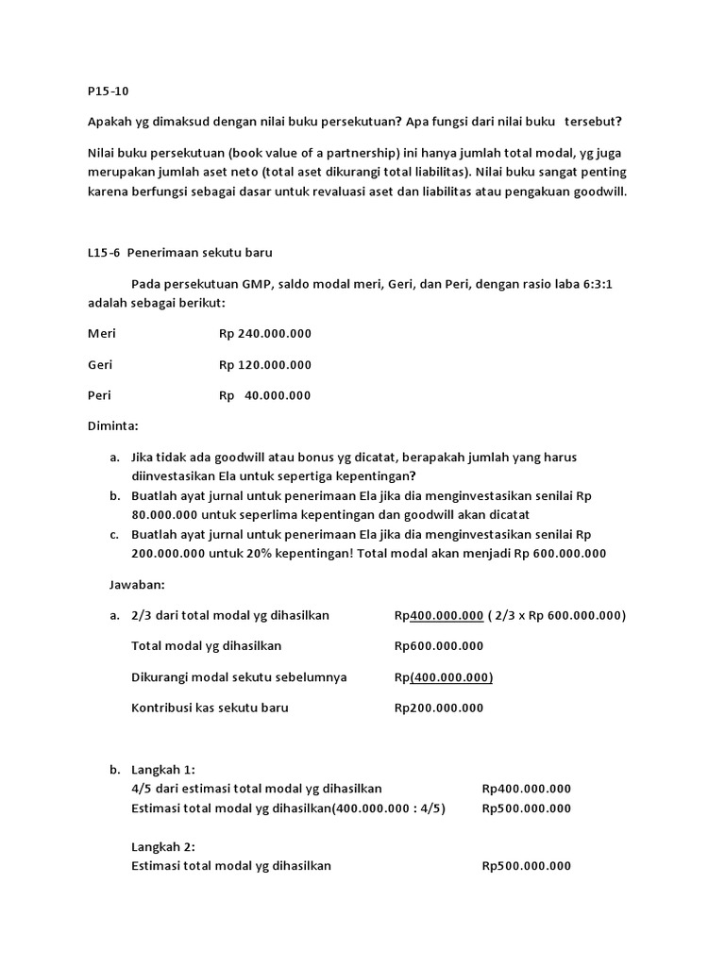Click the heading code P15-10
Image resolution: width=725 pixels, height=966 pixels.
(x=108, y=92)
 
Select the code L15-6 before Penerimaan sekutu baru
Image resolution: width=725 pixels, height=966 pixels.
(x=104, y=253)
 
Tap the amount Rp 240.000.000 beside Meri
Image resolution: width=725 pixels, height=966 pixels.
(x=264, y=334)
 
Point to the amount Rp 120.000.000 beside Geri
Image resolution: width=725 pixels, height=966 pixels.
(x=264, y=365)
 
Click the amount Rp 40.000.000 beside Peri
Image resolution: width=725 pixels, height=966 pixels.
(x=264, y=396)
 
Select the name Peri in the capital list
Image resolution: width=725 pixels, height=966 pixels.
(x=99, y=396)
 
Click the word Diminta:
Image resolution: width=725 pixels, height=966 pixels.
(x=112, y=426)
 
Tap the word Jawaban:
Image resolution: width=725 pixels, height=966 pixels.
(x=138, y=585)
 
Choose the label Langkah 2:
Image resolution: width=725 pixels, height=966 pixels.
(x=163, y=847)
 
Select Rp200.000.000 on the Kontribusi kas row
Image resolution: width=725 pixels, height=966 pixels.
(x=438, y=708)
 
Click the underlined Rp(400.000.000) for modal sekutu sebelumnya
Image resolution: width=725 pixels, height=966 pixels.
(x=443, y=677)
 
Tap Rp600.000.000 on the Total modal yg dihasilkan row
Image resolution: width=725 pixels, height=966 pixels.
(x=438, y=646)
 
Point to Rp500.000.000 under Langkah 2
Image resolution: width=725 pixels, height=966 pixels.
(x=526, y=866)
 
